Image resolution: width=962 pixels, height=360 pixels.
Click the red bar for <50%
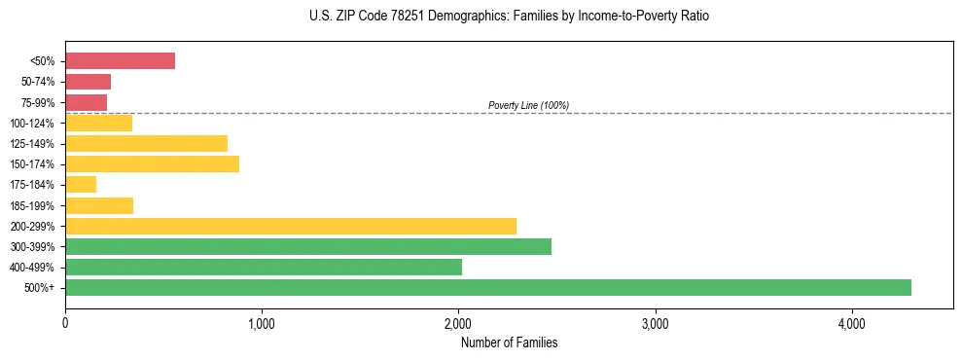[120, 61]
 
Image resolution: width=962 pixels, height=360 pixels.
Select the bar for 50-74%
[88, 82]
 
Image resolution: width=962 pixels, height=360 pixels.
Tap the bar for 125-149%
[146, 143]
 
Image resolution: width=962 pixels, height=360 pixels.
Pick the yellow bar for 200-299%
[291, 226]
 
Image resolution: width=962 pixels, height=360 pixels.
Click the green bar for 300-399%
[308, 246]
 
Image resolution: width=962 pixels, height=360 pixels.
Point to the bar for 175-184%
[81, 185]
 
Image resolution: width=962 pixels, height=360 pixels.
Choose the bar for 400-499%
[264, 267]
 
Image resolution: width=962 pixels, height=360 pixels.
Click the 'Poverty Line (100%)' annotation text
[528, 105]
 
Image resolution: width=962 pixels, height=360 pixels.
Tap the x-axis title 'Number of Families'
[509, 343]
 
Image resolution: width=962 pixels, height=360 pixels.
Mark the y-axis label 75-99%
[38, 103]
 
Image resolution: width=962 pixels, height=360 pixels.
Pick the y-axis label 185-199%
[35, 205]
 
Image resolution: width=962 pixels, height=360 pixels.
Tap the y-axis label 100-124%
[35, 124]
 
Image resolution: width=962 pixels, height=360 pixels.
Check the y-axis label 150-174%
[35, 164]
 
